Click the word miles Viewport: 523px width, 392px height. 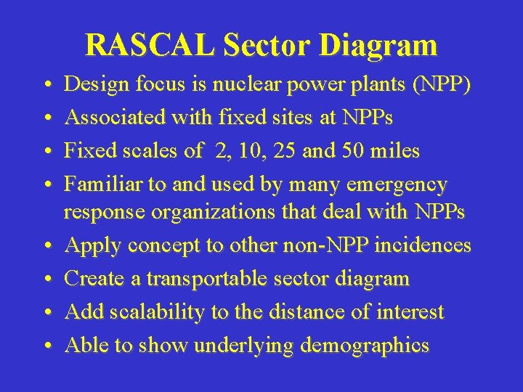[394, 151]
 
